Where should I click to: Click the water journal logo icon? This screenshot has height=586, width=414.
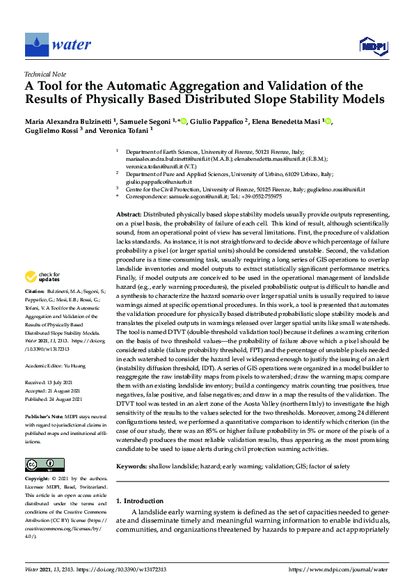tap(36, 45)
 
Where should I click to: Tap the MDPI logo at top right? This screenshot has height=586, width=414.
tap(372, 46)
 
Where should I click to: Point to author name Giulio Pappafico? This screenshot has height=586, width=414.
tap(216, 122)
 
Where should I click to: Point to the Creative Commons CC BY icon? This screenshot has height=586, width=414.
tap(45, 464)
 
